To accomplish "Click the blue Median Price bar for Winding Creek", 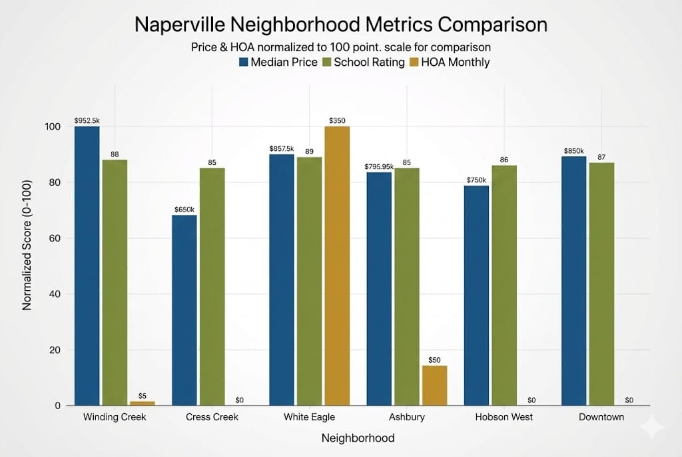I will pyautogui.click(x=87, y=266).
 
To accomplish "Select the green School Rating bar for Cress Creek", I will pyautogui.click(x=212, y=287).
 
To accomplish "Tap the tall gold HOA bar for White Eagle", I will pyautogui.click(x=337, y=266).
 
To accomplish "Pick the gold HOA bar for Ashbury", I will pyautogui.click(x=434, y=385).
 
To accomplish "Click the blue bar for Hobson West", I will pyautogui.click(x=476, y=295).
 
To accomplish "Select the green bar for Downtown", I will pyautogui.click(x=601, y=284).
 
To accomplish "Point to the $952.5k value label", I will pyautogui.click(x=87, y=120).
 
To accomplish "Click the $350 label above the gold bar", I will pyautogui.click(x=338, y=120).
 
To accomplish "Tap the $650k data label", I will pyautogui.click(x=184, y=210).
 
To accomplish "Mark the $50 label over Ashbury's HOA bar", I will pyautogui.click(x=434, y=360).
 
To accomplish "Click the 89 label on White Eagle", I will pyautogui.click(x=309, y=152).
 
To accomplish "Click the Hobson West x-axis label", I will pyautogui.click(x=504, y=417).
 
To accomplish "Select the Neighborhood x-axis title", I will pyautogui.click(x=358, y=438).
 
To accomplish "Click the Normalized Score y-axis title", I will pyautogui.click(x=27, y=265).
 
